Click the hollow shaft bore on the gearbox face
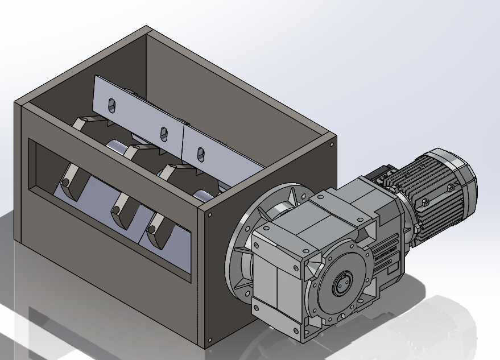click(x=341, y=283)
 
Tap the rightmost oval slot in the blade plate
click(x=200, y=153)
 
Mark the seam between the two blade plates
click(x=183, y=139)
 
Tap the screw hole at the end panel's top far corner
click(x=330, y=144)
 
